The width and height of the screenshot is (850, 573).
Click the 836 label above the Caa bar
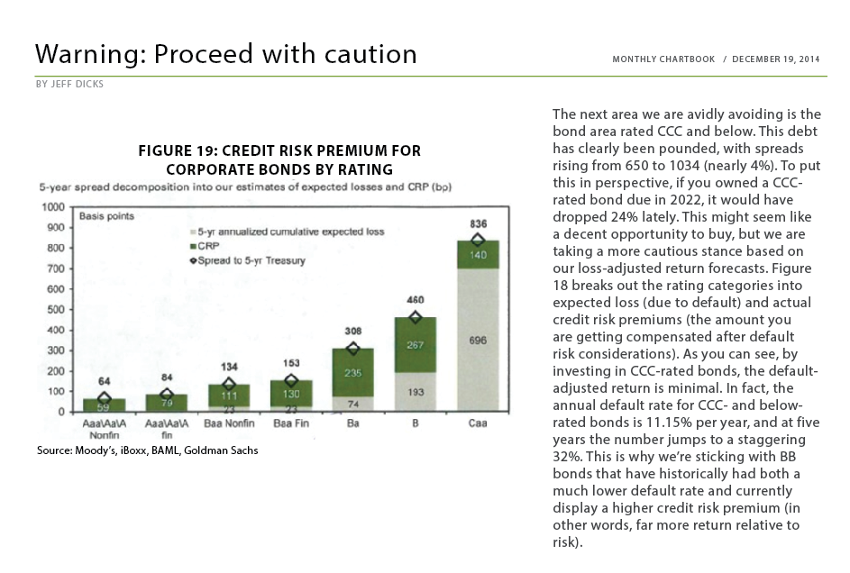pos(478,223)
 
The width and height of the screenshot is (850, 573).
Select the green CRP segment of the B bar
pos(416,345)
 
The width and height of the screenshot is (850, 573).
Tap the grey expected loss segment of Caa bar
pos(478,340)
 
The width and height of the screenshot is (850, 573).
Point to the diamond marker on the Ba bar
pos(353,349)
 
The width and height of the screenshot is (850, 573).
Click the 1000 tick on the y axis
pos(53,207)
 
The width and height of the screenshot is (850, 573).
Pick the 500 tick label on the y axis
pos(56,310)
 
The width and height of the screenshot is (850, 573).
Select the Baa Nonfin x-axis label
pos(229,423)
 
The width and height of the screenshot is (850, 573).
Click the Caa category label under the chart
pos(478,423)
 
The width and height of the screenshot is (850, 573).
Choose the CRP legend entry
pos(205,246)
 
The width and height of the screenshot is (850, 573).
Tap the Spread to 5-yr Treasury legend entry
pos(248,260)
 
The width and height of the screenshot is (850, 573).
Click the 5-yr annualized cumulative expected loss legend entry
pos(288,232)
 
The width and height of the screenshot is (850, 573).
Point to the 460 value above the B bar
pos(416,299)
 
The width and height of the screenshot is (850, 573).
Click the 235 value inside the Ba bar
pos(353,373)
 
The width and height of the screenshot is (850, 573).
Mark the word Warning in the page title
pos(90,54)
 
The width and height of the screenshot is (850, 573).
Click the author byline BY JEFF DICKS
pos(70,84)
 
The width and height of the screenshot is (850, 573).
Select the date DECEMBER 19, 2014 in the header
pos(776,59)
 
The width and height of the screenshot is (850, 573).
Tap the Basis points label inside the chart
pos(106,216)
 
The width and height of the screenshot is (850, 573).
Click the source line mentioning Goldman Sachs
pos(148,450)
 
